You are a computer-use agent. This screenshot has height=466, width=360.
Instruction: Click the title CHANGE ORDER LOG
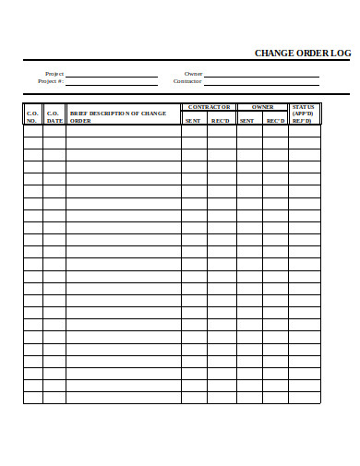point(302,54)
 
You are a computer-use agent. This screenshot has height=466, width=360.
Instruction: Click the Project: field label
point(54,73)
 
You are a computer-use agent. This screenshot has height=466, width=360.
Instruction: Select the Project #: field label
point(51,81)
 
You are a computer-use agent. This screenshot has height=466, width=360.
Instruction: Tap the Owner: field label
point(193,73)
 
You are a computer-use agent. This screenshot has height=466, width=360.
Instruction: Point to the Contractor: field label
point(187,81)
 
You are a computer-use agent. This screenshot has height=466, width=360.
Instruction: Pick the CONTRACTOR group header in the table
point(209,107)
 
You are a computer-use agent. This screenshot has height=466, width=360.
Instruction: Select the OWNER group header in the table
point(262,107)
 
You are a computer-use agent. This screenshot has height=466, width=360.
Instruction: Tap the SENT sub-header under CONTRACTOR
point(193,120)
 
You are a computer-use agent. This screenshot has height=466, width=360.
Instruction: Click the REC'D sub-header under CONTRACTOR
point(221,120)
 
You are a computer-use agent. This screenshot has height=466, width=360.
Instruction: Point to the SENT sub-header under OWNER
point(247,120)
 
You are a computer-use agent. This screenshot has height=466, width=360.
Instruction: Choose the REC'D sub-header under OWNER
point(275,120)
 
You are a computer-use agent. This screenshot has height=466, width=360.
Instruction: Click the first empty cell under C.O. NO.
point(32,130)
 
